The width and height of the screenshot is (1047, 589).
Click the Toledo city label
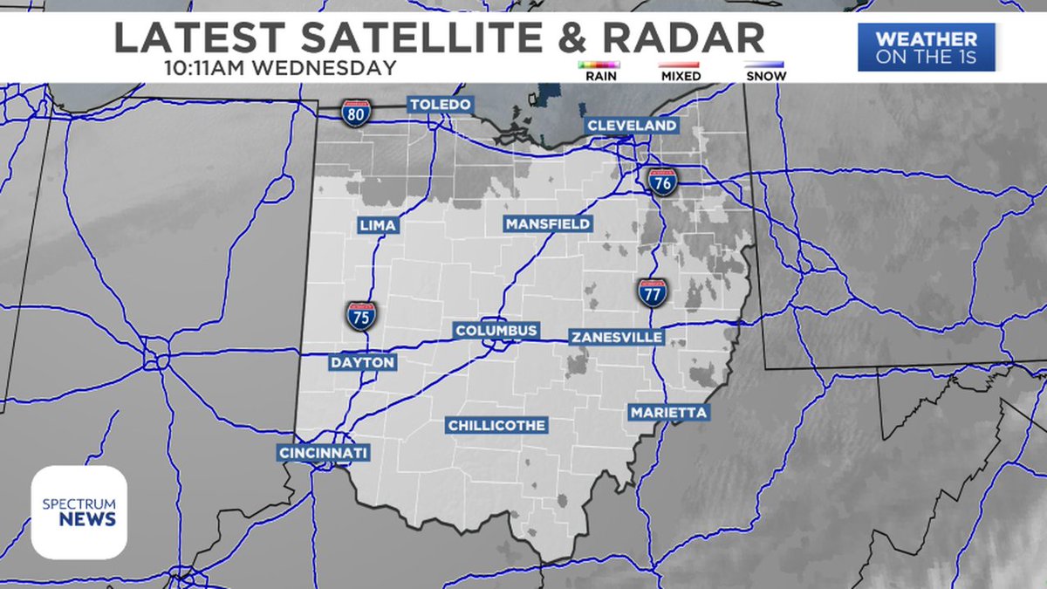(441, 106)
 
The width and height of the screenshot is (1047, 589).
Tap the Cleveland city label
(632, 126)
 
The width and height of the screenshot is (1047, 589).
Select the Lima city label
(378, 226)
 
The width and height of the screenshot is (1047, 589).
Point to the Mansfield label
(548, 224)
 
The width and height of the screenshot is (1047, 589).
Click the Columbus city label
(496, 332)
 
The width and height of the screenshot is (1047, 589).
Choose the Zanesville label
(616, 337)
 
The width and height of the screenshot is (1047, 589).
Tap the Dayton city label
(362, 362)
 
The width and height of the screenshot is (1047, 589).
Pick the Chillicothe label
(496, 426)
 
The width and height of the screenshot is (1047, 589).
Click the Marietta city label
(668, 412)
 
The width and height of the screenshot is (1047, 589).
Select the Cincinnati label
(324, 453)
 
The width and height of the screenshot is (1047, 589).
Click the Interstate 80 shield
(355, 113)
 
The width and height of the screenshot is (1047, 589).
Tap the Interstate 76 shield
(661, 181)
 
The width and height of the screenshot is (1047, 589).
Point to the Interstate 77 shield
(653, 292)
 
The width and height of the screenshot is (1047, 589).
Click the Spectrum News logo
(79, 512)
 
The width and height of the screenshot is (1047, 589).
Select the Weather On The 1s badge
(926, 47)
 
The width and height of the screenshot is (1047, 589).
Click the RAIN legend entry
(599, 71)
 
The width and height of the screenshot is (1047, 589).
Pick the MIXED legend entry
(681, 71)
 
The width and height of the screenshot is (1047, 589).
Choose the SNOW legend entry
(764, 71)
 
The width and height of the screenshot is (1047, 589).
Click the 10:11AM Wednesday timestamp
(279, 67)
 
